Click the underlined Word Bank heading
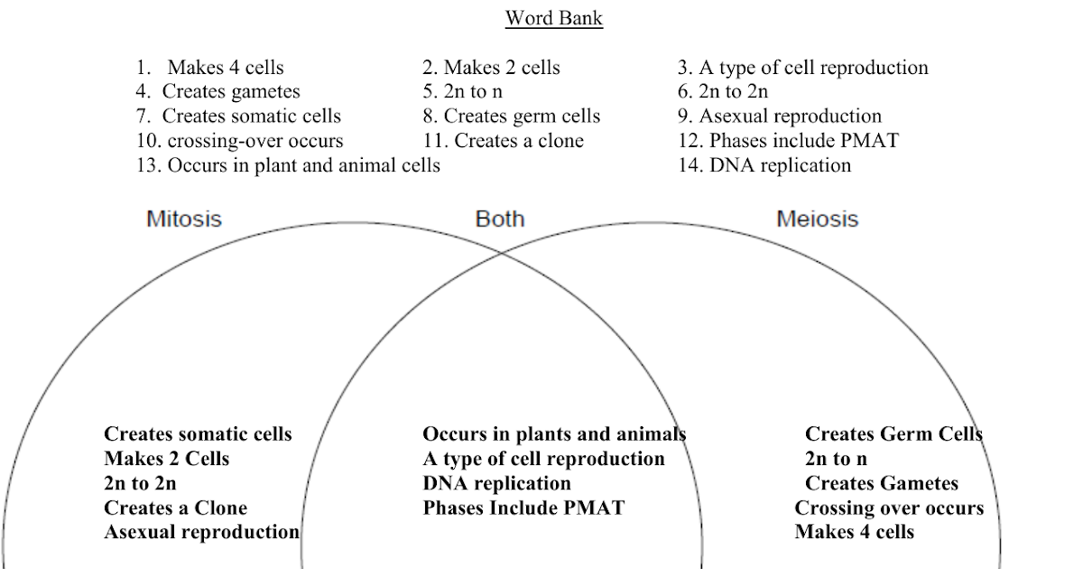(x=553, y=18)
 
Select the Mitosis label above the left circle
(x=183, y=219)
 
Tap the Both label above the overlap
(x=499, y=219)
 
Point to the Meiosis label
(x=817, y=219)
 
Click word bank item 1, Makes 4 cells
(x=210, y=68)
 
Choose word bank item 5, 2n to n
(x=461, y=91)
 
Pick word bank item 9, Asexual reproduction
(x=780, y=116)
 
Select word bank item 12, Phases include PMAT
(x=788, y=140)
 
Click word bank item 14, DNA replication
(x=764, y=164)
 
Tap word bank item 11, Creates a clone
(x=503, y=140)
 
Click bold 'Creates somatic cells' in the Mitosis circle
(x=199, y=434)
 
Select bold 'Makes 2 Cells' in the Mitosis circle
(x=167, y=459)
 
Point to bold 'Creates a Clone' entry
(x=175, y=508)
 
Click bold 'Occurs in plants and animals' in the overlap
(x=554, y=434)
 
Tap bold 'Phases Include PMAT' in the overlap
(x=523, y=508)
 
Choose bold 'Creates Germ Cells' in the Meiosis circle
(x=893, y=434)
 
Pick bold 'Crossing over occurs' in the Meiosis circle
(x=889, y=508)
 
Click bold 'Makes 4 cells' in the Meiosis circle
(x=854, y=532)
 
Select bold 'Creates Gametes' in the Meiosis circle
(x=881, y=483)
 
